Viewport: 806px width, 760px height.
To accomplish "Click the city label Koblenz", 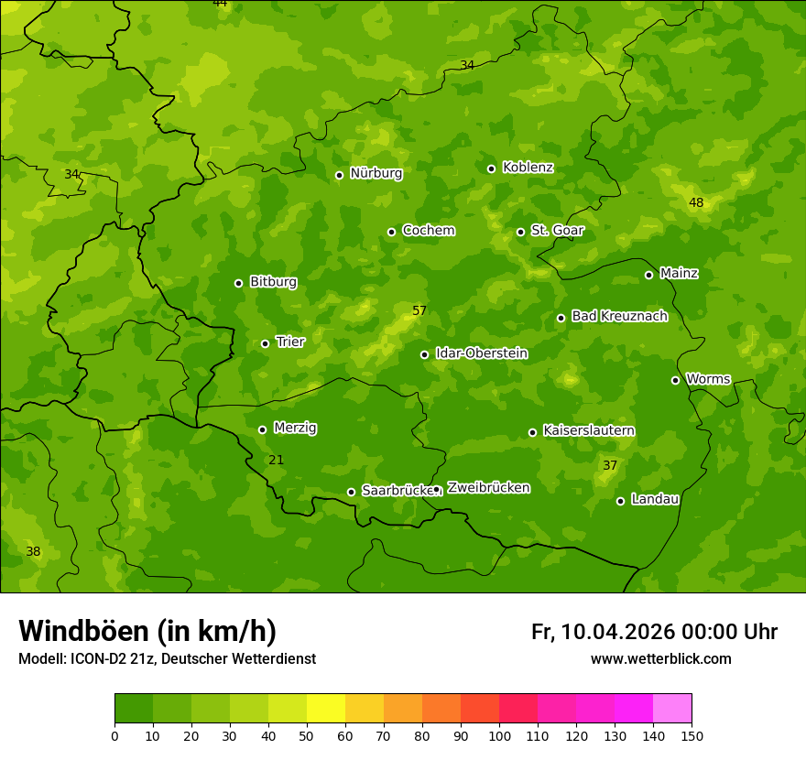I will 528,168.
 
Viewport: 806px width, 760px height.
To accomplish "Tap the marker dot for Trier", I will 266,343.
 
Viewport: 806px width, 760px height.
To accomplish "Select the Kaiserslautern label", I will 589,430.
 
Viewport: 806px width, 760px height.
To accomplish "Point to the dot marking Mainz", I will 648,275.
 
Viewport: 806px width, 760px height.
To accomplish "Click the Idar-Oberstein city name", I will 481,353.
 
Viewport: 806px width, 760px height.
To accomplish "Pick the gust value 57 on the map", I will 419,310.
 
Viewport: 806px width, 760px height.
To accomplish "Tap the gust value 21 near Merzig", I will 276,460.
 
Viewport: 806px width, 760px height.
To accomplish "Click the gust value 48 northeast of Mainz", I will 696,202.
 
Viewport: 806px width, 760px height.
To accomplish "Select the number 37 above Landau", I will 610,465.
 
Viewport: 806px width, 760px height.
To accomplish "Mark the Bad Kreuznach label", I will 619,316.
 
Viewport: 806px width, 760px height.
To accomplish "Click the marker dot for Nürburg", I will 339,175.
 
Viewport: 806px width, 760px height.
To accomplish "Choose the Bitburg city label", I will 273,282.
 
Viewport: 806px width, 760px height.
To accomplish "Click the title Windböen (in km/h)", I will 147,631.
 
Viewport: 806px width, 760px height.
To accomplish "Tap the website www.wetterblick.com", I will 660,658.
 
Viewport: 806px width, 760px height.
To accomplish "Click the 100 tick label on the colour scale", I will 499,735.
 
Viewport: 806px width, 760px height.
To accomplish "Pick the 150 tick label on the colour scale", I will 692,735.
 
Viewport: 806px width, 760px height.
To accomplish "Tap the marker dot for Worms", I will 675,380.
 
